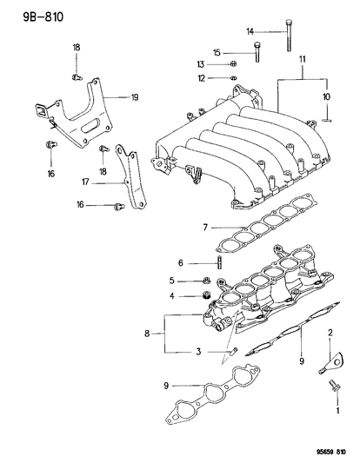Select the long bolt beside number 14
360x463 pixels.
(x=286, y=40)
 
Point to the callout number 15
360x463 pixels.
(x=241, y=52)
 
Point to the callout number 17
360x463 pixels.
(x=85, y=182)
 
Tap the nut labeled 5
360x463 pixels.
(x=207, y=280)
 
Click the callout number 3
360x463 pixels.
(x=197, y=351)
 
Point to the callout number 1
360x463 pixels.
(x=330, y=414)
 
